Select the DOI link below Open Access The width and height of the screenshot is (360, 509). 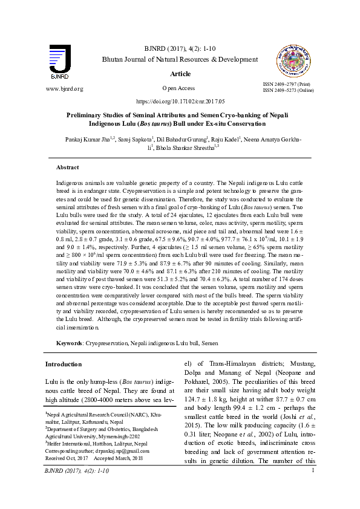pyautogui.click(x=180, y=102)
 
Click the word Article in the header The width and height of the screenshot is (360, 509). pyautogui.click(x=180, y=74)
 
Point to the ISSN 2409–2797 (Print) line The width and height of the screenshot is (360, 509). pyautogui.click(x=286, y=84)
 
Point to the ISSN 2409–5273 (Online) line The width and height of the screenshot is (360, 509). pyautogui.click(x=288, y=91)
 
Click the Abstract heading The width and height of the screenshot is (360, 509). pyautogui.click(x=67, y=167)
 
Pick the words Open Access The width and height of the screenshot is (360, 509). pyautogui.click(x=180, y=88)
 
